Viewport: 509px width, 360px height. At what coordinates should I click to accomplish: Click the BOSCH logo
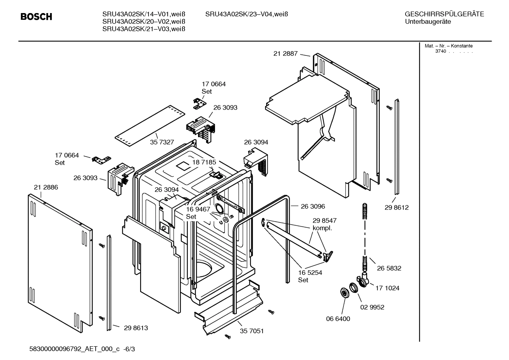pos(36,17)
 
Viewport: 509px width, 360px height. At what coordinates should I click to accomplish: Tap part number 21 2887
pos(285,54)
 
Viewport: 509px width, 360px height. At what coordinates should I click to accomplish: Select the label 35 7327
pos(162,142)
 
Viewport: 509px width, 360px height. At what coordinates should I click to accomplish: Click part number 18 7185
pos(204,162)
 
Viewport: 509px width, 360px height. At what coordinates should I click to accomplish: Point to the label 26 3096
pos(313,206)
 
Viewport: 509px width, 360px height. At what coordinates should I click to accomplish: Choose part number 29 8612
pos(396,208)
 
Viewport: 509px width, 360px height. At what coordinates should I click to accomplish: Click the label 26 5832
pos(389,268)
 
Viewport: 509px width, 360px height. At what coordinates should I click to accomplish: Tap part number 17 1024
pos(387,288)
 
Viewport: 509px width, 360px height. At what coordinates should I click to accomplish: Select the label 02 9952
pos(372,307)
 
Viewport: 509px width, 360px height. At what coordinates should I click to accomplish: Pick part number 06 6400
pos(338,319)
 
